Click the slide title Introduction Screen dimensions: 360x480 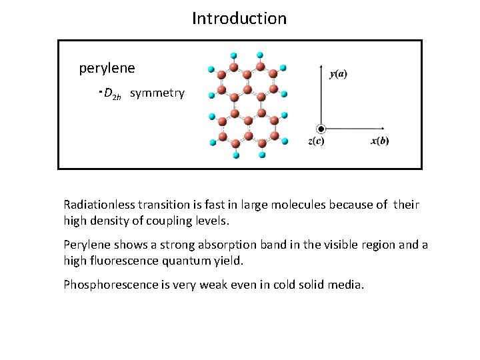[239, 18]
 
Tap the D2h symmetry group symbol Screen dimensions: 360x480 [113, 94]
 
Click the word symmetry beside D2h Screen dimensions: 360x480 [157, 93]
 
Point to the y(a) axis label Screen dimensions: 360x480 [338, 73]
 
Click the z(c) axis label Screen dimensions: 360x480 [317, 141]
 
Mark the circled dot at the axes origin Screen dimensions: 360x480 [321, 128]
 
